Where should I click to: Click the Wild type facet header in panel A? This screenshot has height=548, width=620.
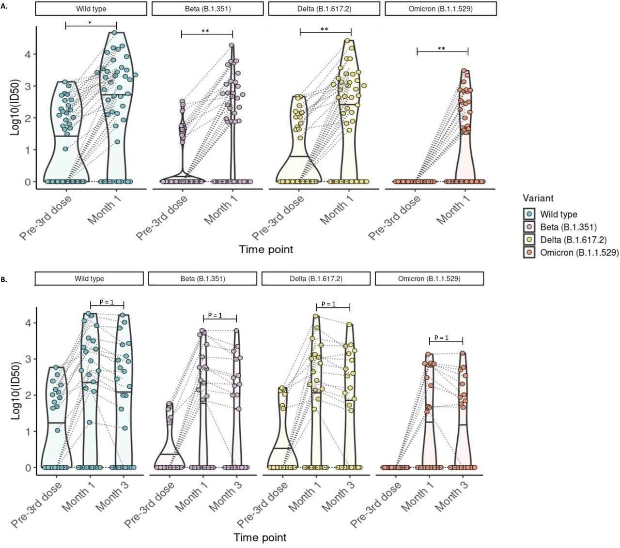tap(91, 9)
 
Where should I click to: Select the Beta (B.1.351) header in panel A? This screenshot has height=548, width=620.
tap(208, 9)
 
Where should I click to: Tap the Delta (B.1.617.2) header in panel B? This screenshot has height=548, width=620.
tap(316, 278)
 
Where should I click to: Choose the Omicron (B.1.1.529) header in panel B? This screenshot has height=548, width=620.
tap(429, 278)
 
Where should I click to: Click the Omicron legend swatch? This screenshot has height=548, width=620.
tap(530, 252)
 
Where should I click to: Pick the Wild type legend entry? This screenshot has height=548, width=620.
tap(558, 214)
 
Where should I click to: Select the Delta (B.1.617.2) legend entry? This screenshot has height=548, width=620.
tap(573, 240)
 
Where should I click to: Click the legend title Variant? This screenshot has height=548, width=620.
tap(538, 198)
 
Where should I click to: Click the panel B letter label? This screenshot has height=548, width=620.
tap(4, 280)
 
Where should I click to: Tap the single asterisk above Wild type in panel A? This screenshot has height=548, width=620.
tap(90, 23)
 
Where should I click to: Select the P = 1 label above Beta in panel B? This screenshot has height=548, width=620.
tap(215, 315)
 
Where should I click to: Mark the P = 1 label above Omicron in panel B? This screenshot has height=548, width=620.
tap(441, 337)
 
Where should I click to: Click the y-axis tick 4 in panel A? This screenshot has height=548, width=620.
tap(28, 54)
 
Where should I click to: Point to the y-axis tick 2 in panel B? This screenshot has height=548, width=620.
tap(28, 395)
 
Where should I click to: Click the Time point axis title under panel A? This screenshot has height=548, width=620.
tap(266, 249)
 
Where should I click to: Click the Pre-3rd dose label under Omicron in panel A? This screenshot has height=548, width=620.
tap(395, 218)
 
